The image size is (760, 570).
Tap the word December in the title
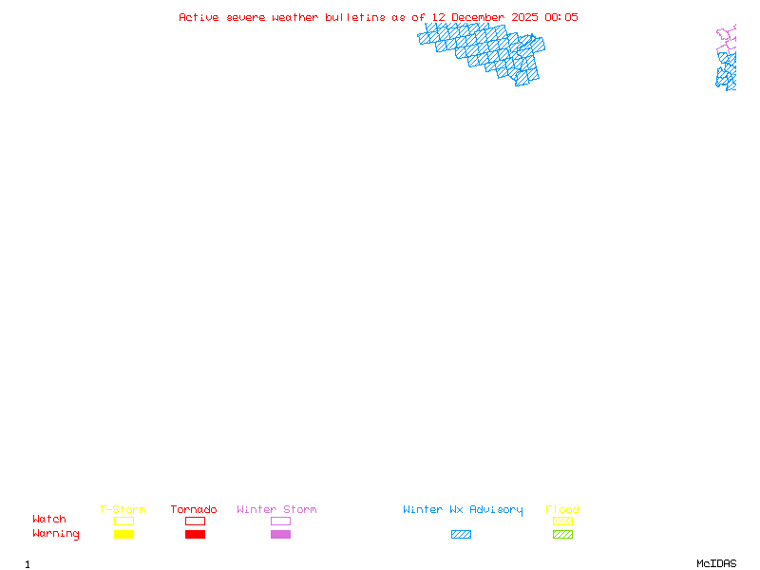pos(478,17)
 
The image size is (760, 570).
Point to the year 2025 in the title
pos(525,17)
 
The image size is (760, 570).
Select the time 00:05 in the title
pos(561,17)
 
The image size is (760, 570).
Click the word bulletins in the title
pos(355,17)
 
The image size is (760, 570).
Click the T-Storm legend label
pos(123,509)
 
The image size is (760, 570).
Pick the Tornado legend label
pos(194,509)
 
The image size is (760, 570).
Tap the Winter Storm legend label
pos(276,509)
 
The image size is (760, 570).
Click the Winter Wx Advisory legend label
pos(463,509)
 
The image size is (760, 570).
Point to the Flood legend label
pos(562,509)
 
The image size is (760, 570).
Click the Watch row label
pos(49,520)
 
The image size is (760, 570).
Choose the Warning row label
pos(56,534)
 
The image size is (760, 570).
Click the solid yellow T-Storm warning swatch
pos(123,535)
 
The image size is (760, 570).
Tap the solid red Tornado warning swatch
pos(195,535)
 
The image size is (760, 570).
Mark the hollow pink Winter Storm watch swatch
pos(280,521)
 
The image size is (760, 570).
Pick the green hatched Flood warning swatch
pos(562,535)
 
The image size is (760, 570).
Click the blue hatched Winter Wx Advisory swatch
pos(461,535)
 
